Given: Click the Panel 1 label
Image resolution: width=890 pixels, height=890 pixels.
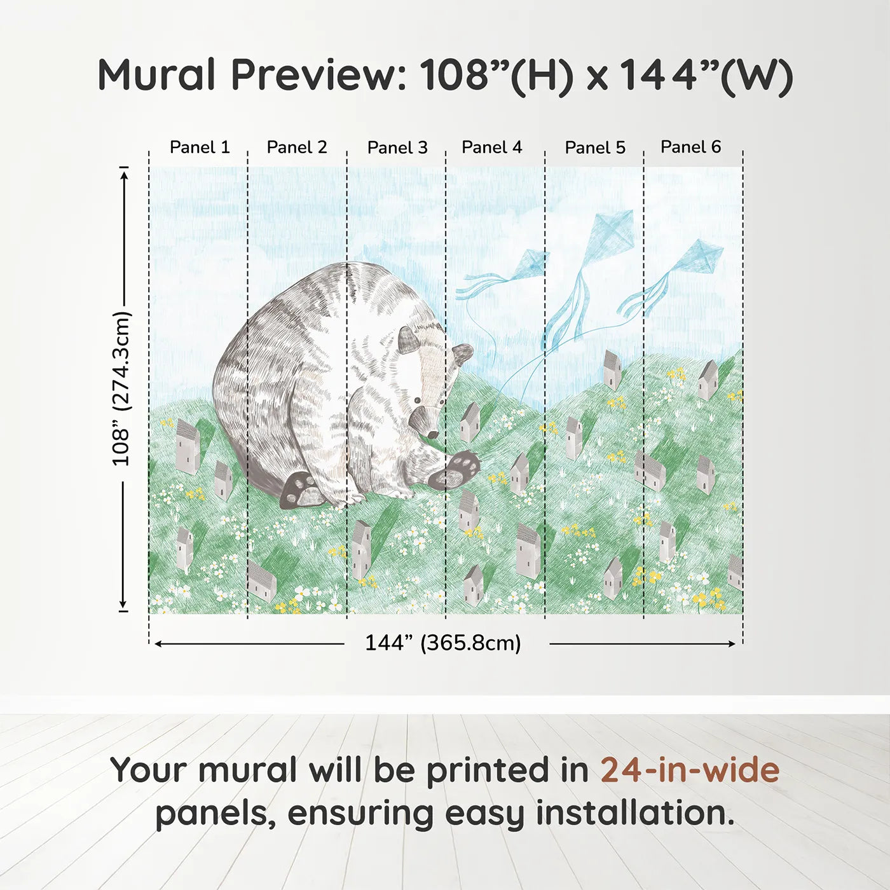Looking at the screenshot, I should [x=200, y=147].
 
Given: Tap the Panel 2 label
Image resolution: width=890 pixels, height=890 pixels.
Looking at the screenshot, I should [x=297, y=147].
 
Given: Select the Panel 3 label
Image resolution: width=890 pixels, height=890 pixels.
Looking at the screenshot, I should [x=397, y=148].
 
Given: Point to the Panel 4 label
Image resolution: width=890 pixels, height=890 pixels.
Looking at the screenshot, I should [x=491, y=147].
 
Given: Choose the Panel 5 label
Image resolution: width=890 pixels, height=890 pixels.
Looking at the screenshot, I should [x=595, y=148].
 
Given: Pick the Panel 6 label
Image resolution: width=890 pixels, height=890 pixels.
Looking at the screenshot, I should [x=690, y=147].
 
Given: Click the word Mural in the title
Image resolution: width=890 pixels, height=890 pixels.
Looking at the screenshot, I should [x=157, y=75].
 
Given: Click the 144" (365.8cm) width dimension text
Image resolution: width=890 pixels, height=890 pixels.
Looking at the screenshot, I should [x=442, y=643].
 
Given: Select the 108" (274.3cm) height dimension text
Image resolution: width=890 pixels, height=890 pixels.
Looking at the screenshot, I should [x=121, y=388].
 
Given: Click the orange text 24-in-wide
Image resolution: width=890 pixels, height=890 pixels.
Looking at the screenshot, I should [x=690, y=770].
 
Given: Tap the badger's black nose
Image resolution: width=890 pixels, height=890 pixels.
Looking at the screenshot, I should [x=432, y=434].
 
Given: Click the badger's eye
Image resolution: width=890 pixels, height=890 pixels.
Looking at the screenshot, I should [x=416, y=400].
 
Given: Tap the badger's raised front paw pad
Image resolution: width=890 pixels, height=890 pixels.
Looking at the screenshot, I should [x=459, y=469].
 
